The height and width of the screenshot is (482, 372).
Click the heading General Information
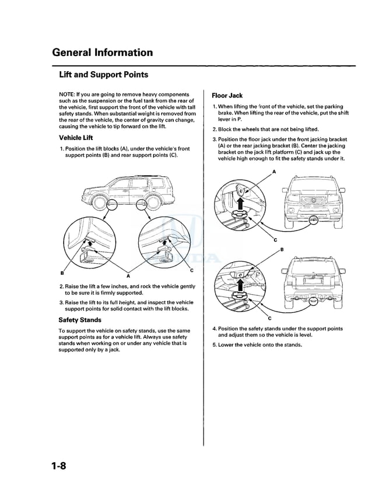(x=102, y=53)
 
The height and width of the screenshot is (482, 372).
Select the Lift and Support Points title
(x=103, y=75)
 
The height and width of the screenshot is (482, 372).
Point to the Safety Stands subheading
(x=80, y=320)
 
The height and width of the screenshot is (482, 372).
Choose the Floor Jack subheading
(x=227, y=95)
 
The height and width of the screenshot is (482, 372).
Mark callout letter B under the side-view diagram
(x=61, y=273)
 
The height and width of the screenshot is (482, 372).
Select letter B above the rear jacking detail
(x=282, y=249)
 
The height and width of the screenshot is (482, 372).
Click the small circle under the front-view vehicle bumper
(x=314, y=220)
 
